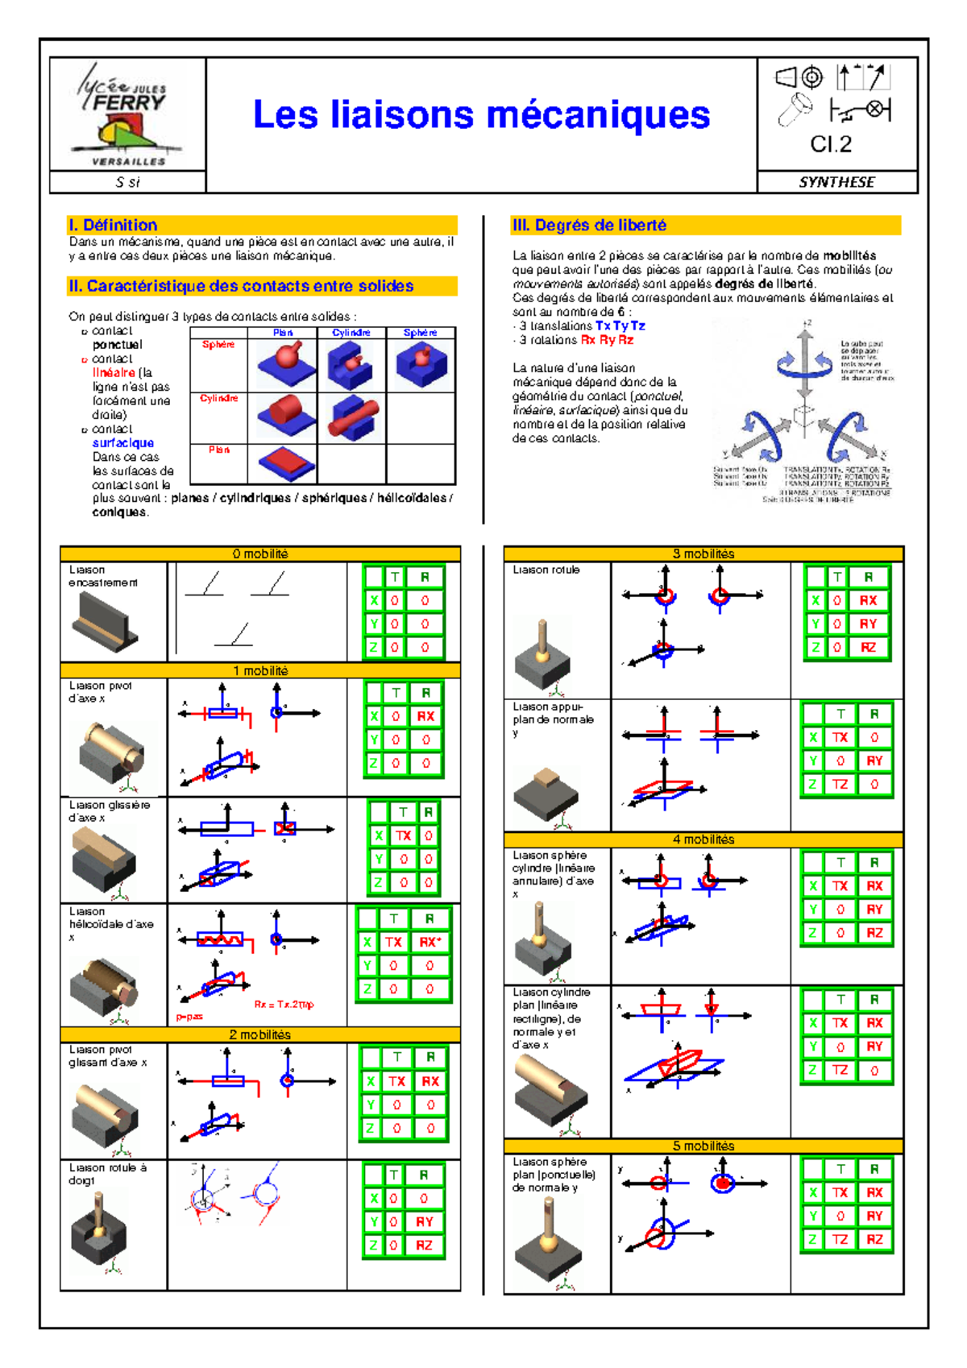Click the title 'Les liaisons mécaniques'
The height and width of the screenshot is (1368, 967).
tap(481, 114)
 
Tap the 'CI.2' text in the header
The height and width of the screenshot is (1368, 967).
tap(831, 144)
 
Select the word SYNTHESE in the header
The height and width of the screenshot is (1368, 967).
tap(836, 182)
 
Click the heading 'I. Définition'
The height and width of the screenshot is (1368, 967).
tap(114, 226)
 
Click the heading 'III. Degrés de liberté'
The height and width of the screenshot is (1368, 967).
tap(589, 226)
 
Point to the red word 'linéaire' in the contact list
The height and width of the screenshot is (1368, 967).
tap(114, 373)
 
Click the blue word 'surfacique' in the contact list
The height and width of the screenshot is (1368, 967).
tap(122, 443)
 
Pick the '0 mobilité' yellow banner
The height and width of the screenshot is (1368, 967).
tap(260, 554)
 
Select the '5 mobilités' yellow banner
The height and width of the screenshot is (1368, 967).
tap(703, 1146)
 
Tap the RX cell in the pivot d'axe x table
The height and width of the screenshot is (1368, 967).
tap(425, 716)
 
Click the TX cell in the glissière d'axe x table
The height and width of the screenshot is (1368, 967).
tap(403, 836)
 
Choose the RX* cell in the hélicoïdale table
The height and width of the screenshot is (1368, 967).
tap(429, 942)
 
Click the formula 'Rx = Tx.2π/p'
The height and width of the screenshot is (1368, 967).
tap(284, 1005)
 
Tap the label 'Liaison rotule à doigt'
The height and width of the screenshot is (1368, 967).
tap(107, 1174)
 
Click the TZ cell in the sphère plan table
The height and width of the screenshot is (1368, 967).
tap(840, 1240)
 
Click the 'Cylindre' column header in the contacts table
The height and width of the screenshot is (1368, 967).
tap(351, 333)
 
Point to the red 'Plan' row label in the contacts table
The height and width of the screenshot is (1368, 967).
tap(219, 450)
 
